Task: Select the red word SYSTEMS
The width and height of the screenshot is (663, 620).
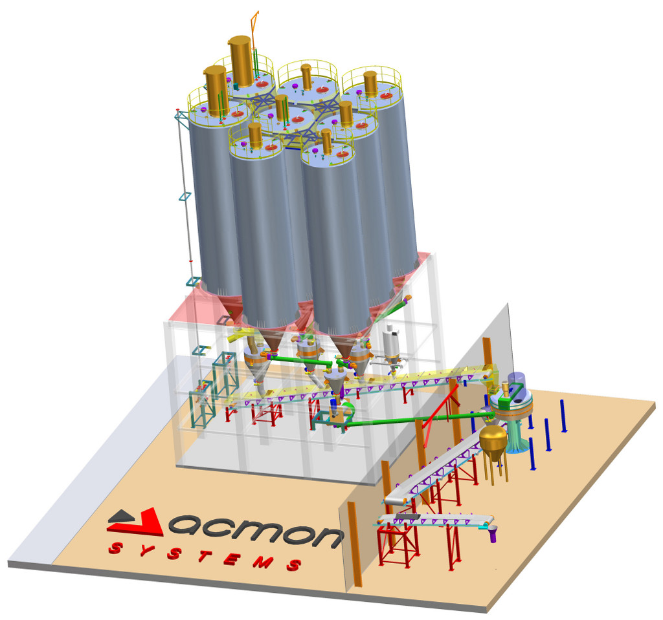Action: [x=205, y=557]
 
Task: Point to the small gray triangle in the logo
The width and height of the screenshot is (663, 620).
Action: [x=120, y=516]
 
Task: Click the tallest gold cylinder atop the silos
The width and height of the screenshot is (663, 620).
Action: [x=241, y=61]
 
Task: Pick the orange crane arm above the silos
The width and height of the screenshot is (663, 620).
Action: [x=254, y=30]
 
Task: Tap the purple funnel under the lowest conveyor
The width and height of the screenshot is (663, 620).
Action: [x=492, y=535]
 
